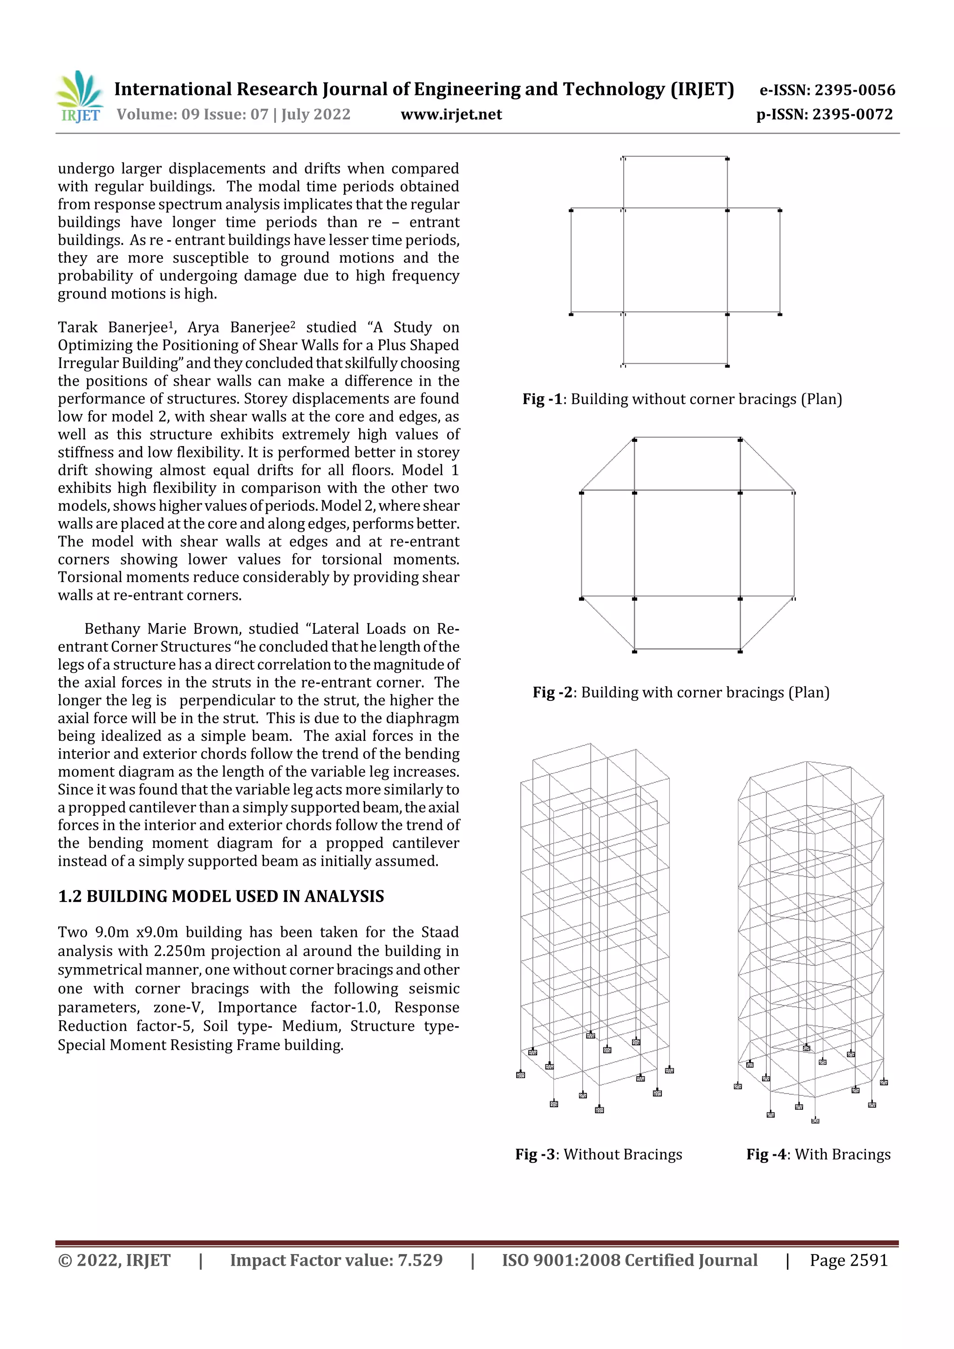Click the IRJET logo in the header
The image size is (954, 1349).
tap(79, 96)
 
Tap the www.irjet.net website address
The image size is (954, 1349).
tap(451, 115)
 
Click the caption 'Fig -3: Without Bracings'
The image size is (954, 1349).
tap(599, 1154)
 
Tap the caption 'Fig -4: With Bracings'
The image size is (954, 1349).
tap(818, 1154)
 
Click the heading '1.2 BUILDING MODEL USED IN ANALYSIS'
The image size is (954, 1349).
tap(221, 896)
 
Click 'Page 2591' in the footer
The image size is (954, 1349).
tap(848, 1260)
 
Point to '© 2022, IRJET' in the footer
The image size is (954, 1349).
tap(114, 1260)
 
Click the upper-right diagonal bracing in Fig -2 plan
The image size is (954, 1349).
tap(767, 465)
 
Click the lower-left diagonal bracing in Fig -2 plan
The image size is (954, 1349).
tap(608, 624)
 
